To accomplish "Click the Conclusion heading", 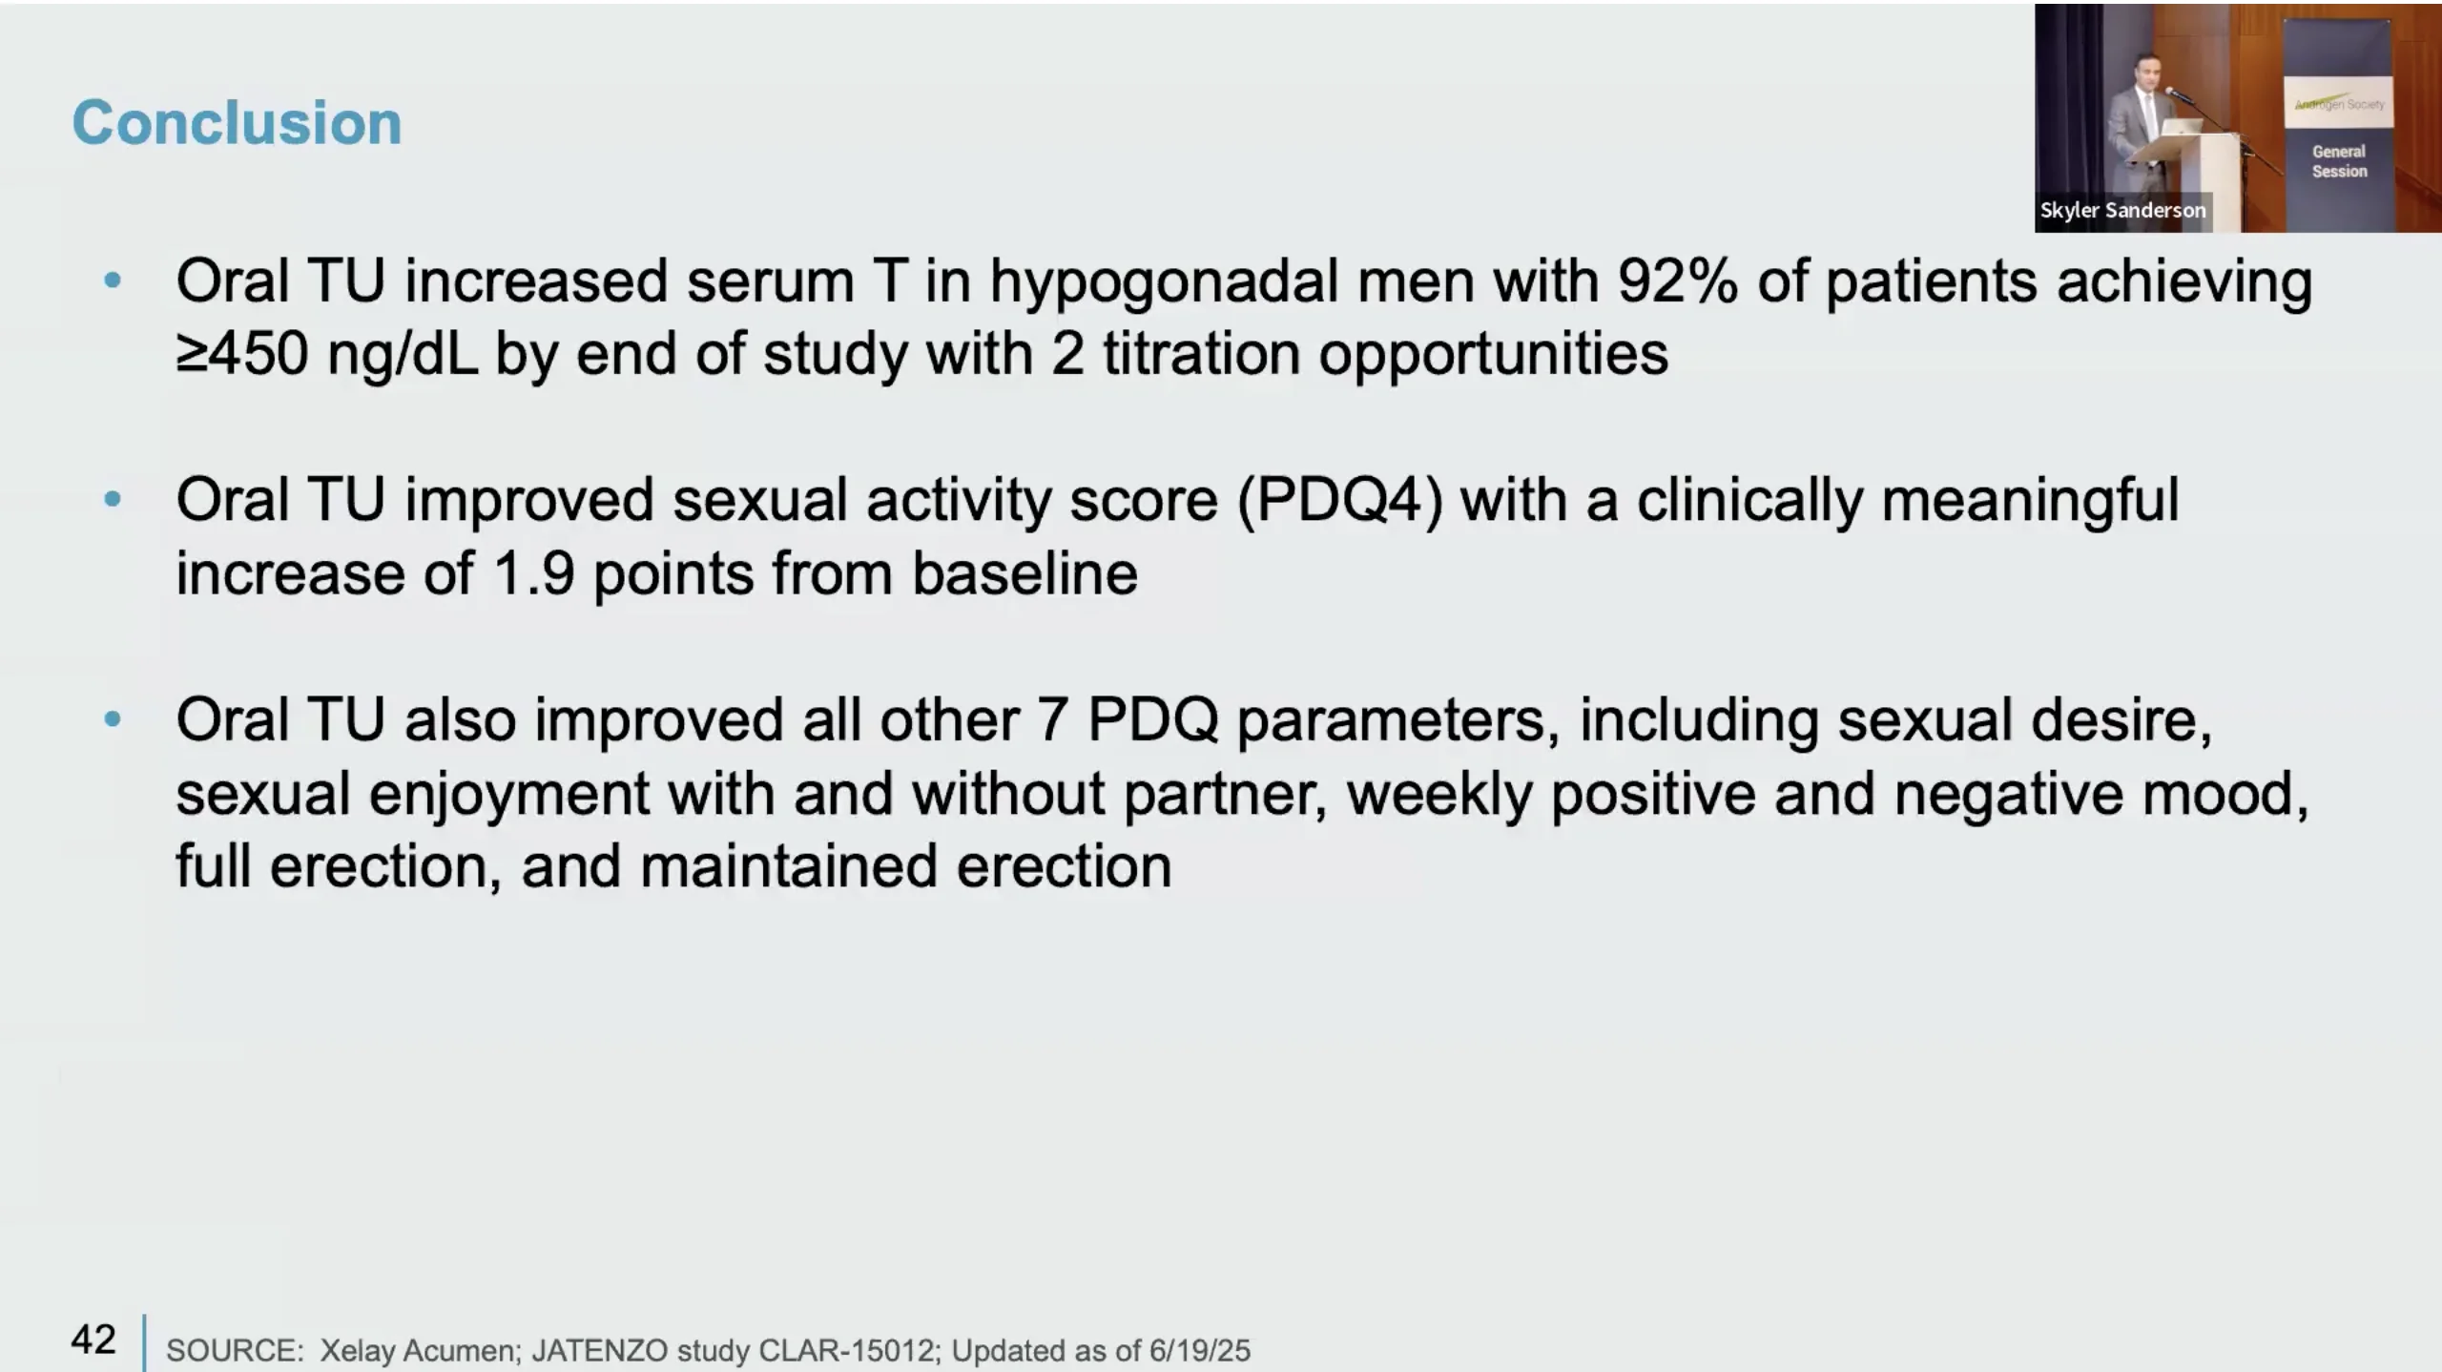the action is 237,123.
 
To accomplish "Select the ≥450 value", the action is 242,354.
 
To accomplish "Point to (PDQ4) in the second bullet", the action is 1340,501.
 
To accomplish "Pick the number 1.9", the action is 534,573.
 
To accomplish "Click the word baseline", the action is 1024,572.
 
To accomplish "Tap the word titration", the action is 1202,354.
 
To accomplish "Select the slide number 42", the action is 93,1340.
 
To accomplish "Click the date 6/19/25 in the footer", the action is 1199,1351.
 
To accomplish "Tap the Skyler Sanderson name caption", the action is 2122,210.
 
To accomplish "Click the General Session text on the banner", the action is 2339,161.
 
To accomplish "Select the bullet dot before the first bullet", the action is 113,281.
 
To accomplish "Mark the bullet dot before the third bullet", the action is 113,718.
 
